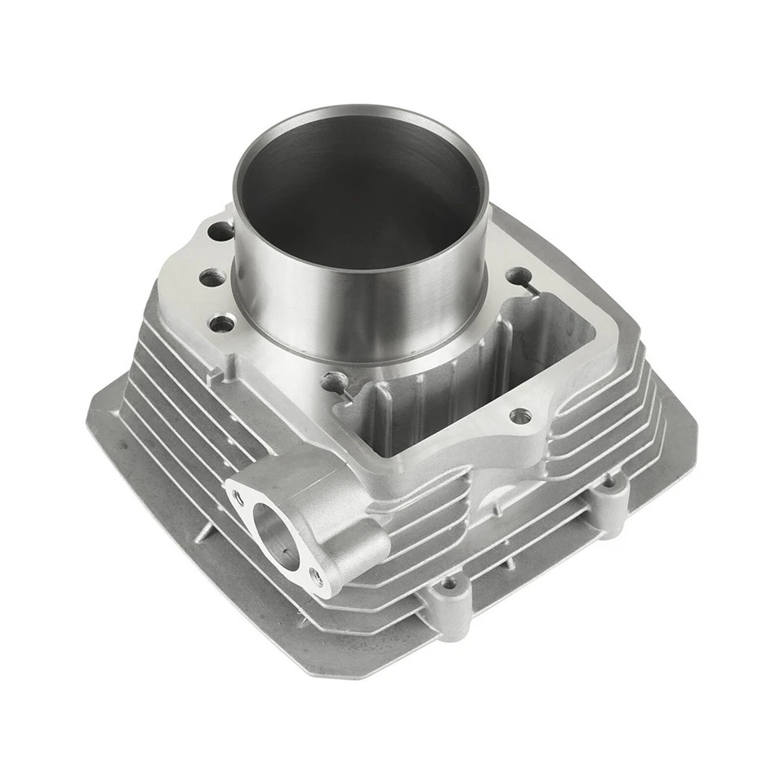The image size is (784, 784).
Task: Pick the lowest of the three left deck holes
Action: pyautogui.click(x=219, y=324)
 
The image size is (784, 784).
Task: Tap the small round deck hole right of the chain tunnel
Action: pyautogui.click(x=516, y=416)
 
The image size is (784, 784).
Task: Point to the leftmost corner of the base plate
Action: pyautogui.click(x=88, y=408)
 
